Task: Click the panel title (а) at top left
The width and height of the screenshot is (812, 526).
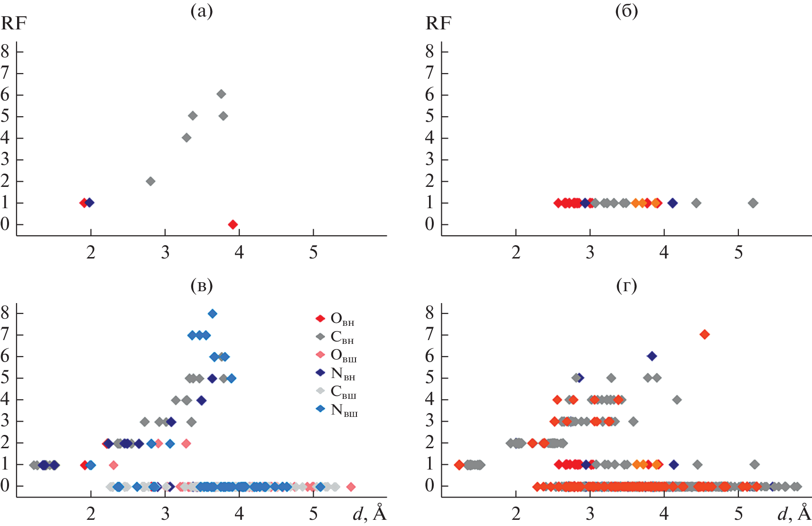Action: click(201, 11)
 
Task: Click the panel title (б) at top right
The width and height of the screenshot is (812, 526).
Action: click(626, 11)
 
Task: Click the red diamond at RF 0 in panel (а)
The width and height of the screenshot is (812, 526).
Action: click(233, 224)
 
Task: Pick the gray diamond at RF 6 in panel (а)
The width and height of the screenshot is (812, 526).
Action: click(221, 94)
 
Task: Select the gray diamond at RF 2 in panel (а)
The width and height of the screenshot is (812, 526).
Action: click(150, 181)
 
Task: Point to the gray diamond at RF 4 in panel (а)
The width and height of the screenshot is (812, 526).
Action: click(187, 138)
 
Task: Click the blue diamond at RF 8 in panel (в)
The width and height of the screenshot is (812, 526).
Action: click(212, 314)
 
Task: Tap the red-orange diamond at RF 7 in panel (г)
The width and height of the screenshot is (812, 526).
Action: click(705, 334)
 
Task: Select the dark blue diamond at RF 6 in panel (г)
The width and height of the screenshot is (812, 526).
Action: click(652, 356)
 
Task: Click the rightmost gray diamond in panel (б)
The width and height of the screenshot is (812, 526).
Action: click(753, 203)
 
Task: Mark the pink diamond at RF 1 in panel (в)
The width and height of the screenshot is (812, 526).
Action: click(113, 465)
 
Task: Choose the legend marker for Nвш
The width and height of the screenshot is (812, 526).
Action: click(321, 409)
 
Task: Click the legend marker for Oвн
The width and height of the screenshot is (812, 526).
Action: click(321, 318)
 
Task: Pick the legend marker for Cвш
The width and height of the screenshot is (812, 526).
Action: click(321, 391)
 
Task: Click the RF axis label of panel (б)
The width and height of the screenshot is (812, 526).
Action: click(438, 23)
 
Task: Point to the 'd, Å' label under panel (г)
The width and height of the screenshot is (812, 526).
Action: click(794, 514)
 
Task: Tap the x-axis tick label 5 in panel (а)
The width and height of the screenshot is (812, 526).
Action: click(313, 252)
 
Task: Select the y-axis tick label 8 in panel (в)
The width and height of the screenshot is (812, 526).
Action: click(5, 313)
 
